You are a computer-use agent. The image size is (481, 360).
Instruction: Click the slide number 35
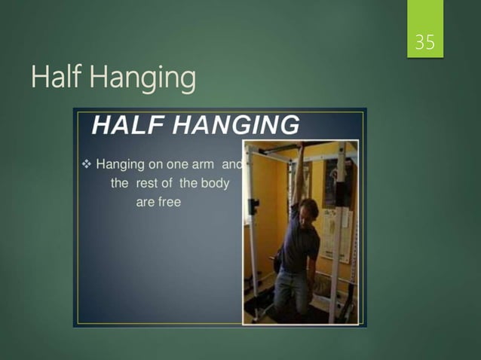425,43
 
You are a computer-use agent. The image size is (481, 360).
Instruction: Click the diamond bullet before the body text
85,163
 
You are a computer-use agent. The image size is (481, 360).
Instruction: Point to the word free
169,202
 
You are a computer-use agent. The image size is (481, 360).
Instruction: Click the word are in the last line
144,202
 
